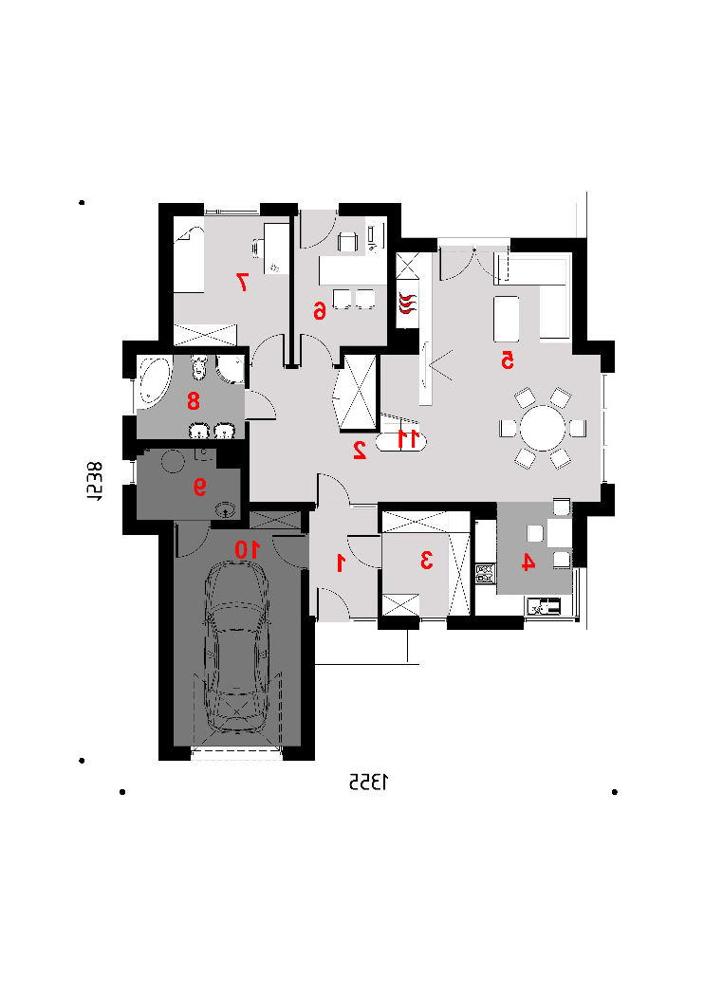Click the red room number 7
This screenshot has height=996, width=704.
[242, 282]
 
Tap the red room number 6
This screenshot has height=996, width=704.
[319, 310]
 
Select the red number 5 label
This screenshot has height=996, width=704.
[507, 360]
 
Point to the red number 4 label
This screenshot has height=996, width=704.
[528, 563]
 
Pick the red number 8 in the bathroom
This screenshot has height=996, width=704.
[194, 401]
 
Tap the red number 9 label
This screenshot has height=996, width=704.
[199, 487]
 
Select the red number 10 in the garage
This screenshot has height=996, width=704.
[248, 549]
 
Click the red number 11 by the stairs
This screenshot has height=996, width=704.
[408, 438]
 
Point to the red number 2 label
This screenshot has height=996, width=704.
[360, 450]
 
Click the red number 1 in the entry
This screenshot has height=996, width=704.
[341, 563]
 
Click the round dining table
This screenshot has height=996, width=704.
[543, 428]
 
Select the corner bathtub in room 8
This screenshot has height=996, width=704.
[153, 381]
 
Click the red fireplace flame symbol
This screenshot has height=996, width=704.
[407, 303]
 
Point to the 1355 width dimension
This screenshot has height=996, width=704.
[368, 783]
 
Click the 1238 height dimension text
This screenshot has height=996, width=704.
[94, 482]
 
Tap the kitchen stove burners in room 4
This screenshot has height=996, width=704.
[485, 574]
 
